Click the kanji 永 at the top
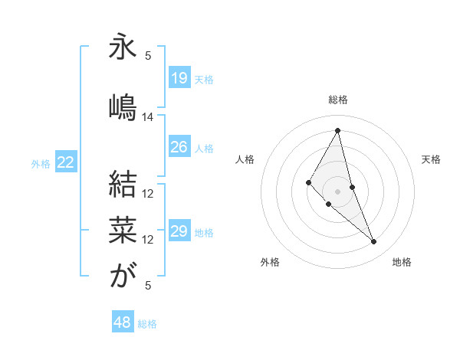pyautogui.click(x=123, y=46)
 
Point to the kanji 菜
pyautogui.click(x=123, y=228)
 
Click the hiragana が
pyautogui.click(x=123, y=274)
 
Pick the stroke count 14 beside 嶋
pyautogui.click(x=148, y=117)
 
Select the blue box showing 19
pyautogui.click(x=179, y=78)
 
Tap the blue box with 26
pyautogui.click(x=179, y=147)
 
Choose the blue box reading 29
pyautogui.click(x=179, y=231)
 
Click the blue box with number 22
pyautogui.click(x=66, y=162)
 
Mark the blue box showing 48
pyautogui.click(x=122, y=322)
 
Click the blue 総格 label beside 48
pyautogui.click(x=147, y=324)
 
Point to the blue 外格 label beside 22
pyautogui.click(x=40, y=163)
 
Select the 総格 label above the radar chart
pyautogui.click(x=338, y=100)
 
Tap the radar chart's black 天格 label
pyautogui.click(x=431, y=159)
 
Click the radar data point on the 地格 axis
pyautogui.click(x=374, y=242)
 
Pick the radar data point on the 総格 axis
pyautogui.click(x=338, y=129)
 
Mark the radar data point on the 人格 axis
pyautogui.click(x=308, y=182)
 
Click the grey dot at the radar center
pyautogui.click(x=338, y=191)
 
